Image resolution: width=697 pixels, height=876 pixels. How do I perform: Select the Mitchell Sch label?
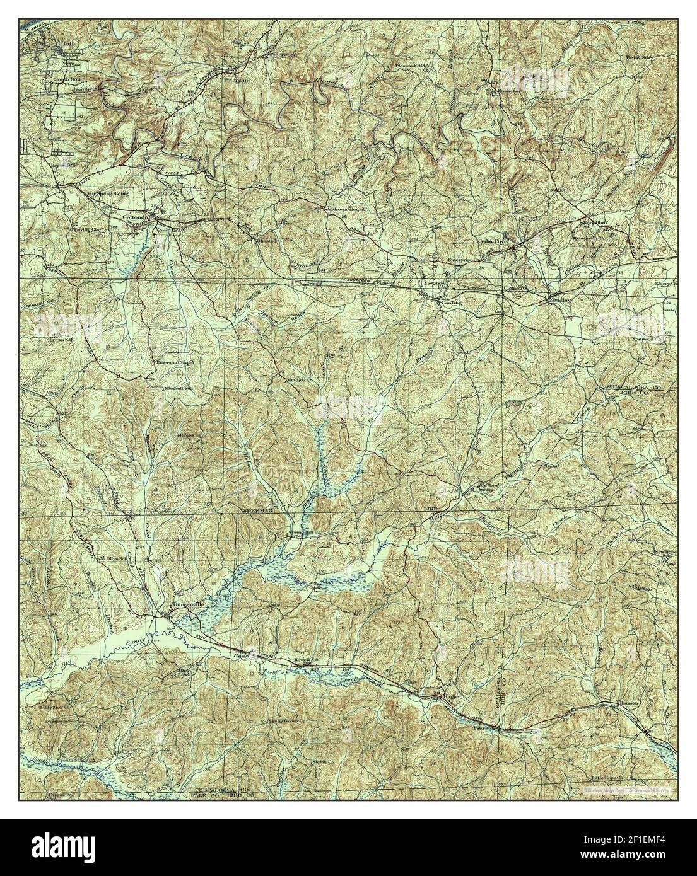179,388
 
